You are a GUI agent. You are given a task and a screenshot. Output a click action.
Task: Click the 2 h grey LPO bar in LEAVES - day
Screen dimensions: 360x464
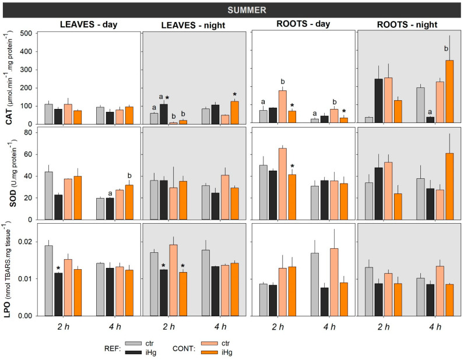point(48,280)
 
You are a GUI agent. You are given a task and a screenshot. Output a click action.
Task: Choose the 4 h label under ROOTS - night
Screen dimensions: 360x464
point(435,327)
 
